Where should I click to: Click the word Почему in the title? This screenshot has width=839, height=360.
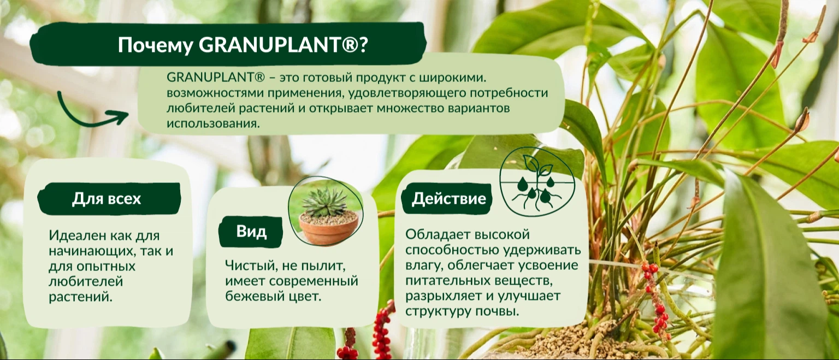[156, 46]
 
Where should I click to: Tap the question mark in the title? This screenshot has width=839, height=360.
[363, 45]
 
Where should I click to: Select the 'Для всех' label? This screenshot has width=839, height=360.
[107, 198]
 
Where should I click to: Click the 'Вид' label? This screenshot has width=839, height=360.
[251, 232]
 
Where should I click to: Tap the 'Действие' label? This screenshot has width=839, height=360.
[448, 198]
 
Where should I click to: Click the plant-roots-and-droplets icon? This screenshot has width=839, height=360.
[537, 181]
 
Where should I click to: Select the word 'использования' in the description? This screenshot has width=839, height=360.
[213, 123]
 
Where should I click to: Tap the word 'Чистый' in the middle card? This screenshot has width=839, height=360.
[250, 265]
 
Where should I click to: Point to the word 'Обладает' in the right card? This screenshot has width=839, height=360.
[435, 234]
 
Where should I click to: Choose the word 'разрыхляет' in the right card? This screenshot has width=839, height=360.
[443, 296]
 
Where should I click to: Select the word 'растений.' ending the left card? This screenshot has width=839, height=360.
[80, 297]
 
